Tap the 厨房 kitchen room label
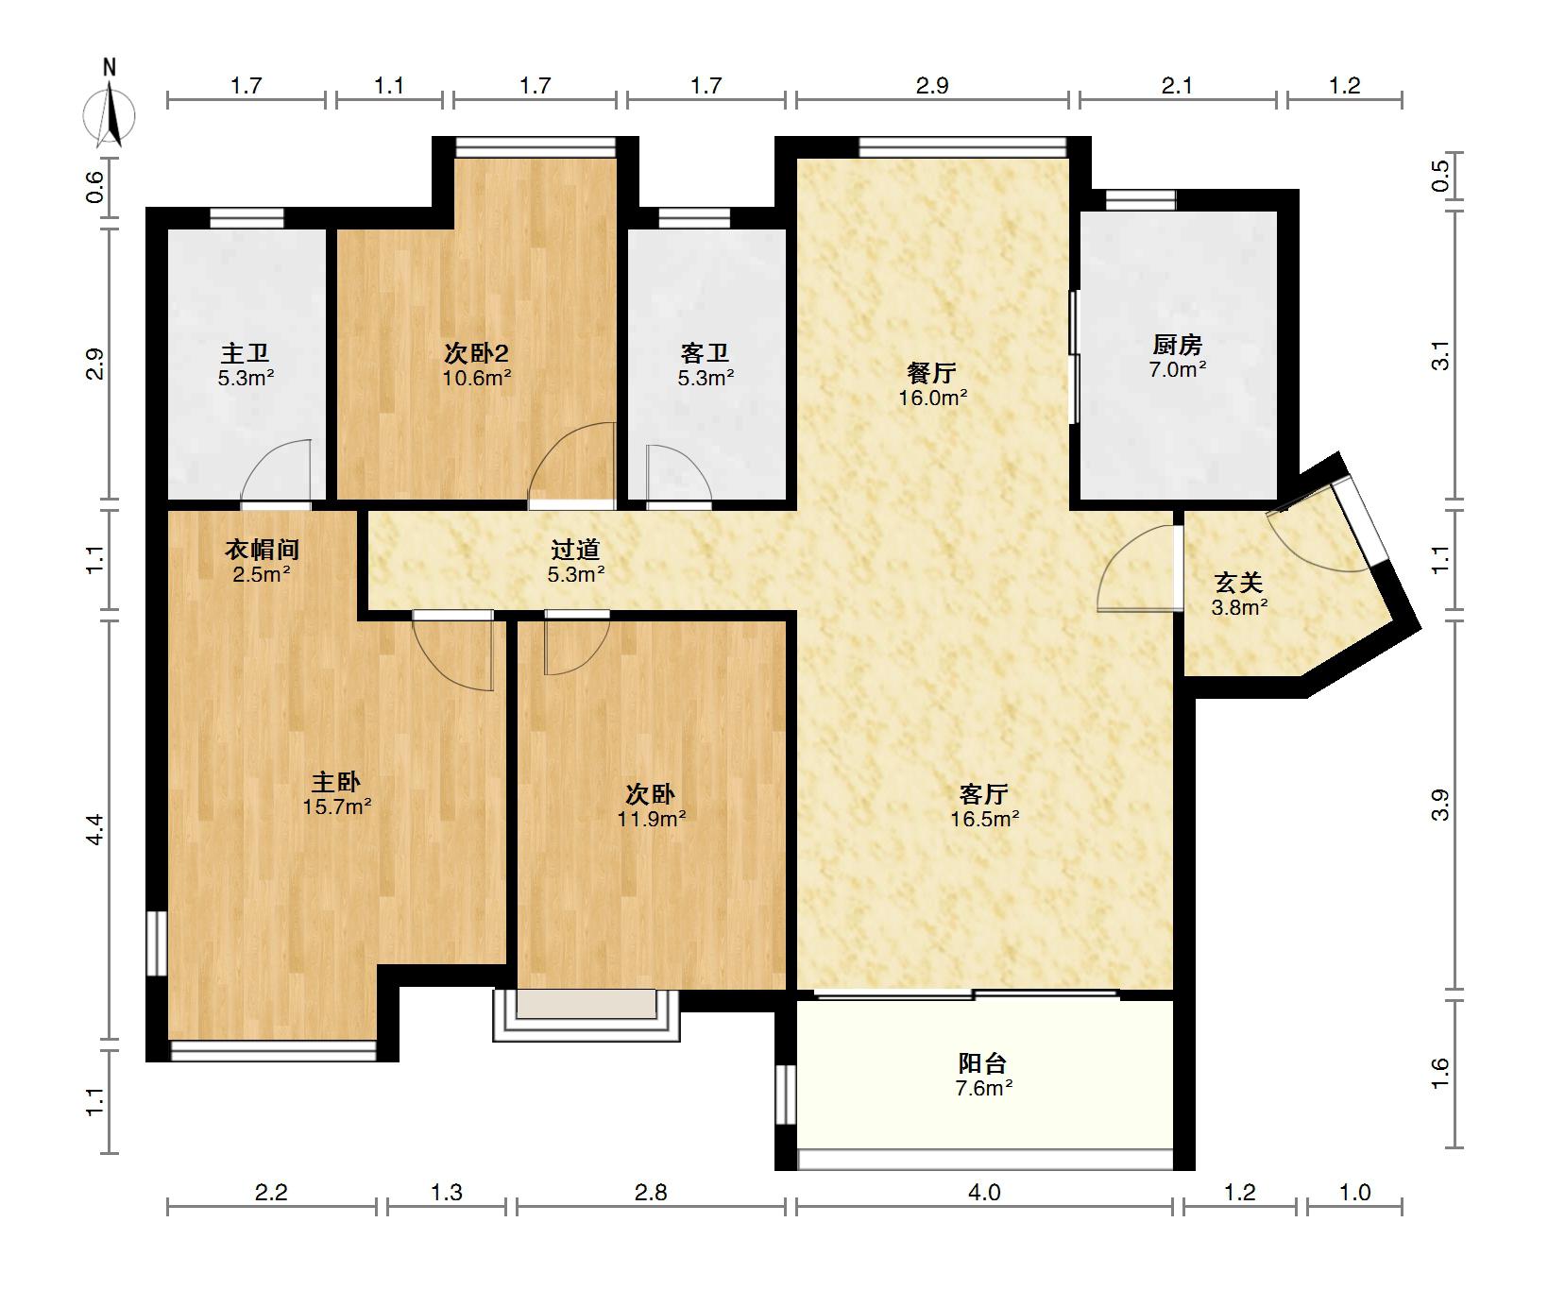[1177, 345]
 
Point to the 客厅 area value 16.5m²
[984, 819]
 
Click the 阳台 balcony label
[982, 1063]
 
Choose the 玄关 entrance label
[1238, 583]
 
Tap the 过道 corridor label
[575, 549]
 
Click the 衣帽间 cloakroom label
[262, 549]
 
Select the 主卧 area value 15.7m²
[336, 806]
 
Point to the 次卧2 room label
[477, 353]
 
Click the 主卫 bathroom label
[246, 354]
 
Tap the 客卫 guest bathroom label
[705, 354]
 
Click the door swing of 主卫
[277, 469]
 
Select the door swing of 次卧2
[572, 461]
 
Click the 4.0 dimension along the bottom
[984, 1193]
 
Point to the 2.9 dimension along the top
[932, 86]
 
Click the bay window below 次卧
[587, 1014]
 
